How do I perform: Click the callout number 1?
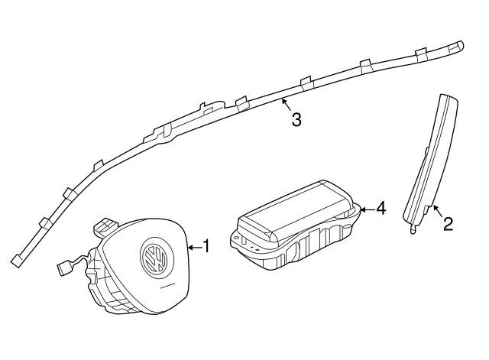(206, 246)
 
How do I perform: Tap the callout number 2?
(449, 224)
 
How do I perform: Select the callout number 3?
(296, 119)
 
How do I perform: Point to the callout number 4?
(381, 208)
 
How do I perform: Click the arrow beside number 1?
(193, 246)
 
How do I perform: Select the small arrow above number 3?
(284, 102)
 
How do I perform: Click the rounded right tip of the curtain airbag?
(461, 45)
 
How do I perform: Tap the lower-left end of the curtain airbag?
(16, 261)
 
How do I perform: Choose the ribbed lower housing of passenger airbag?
(306, 252)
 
